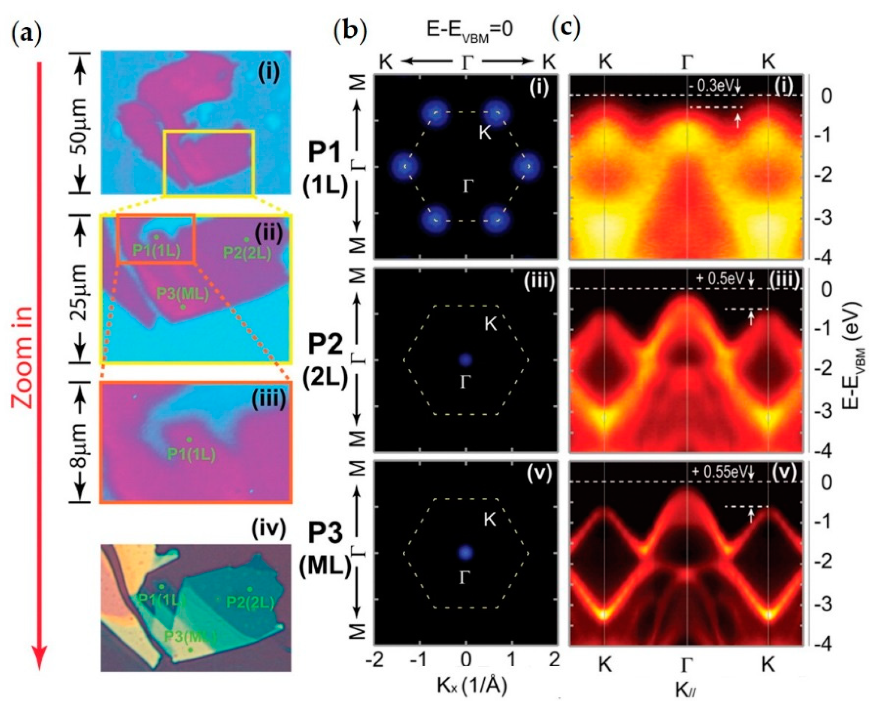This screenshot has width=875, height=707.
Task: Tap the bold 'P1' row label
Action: [x=325, y=156]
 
